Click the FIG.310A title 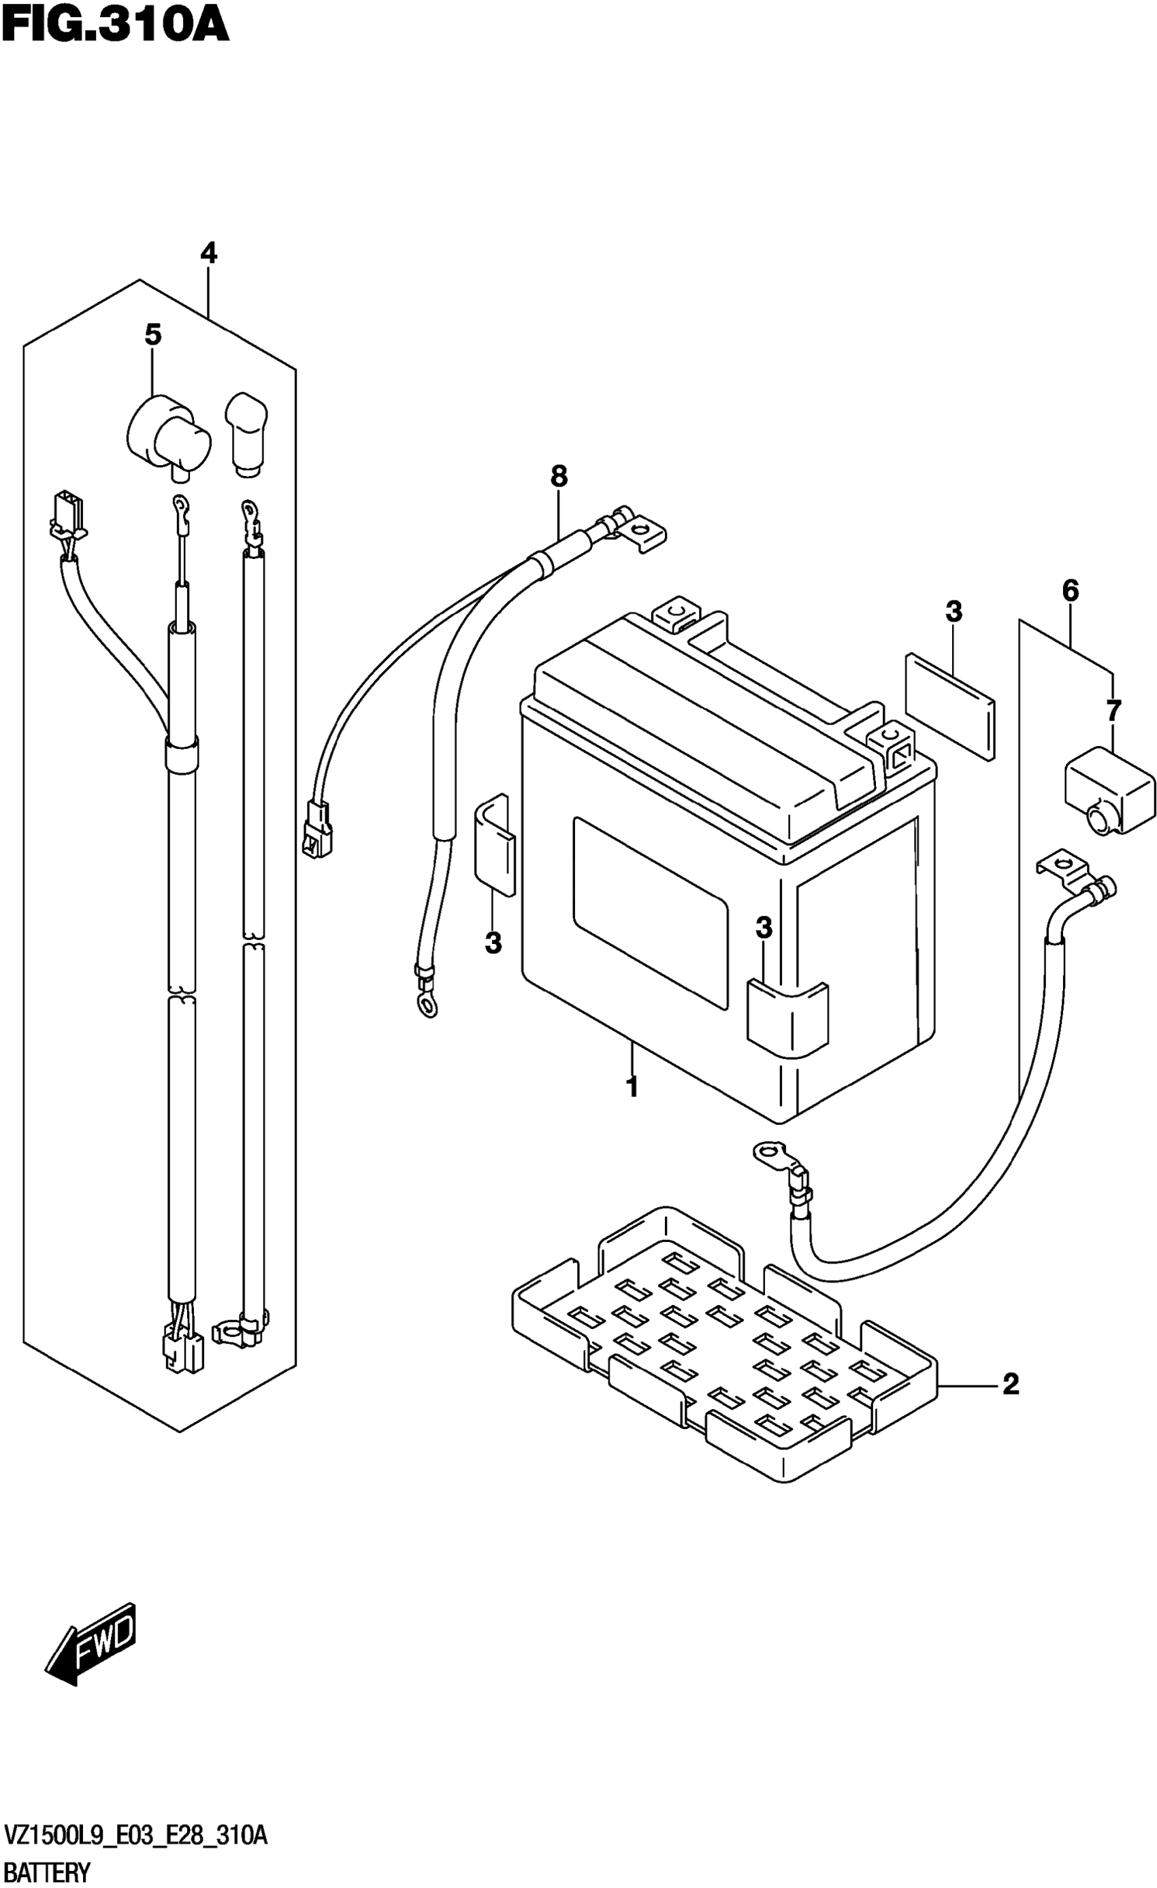point(116,24)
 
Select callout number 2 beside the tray point(1011,1384)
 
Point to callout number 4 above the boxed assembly point(208,253)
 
